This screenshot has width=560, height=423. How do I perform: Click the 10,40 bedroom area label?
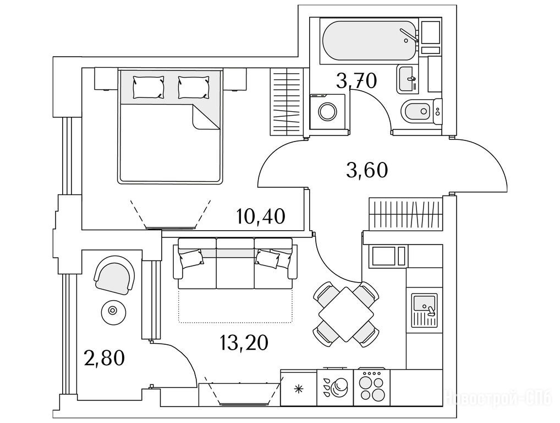tap(261, 216)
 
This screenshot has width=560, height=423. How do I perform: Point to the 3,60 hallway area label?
tap(367, 170)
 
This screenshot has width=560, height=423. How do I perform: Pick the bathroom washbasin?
tap(407, 78)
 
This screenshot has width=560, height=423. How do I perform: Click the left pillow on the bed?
tap(149, 87)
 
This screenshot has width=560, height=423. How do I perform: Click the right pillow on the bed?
tap(194, 87)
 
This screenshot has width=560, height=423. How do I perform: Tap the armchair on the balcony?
tap(114, 276)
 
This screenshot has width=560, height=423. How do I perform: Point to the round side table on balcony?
tap(112, 311)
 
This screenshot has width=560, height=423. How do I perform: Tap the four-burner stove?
tap(371, 386)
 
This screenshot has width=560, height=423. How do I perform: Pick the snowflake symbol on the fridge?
tap(299, 389)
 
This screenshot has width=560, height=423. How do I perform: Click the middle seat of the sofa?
tap(235, 263)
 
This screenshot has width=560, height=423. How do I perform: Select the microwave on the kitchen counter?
tap(389, 256)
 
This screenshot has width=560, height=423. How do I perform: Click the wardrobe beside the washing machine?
tap(287, 101)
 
